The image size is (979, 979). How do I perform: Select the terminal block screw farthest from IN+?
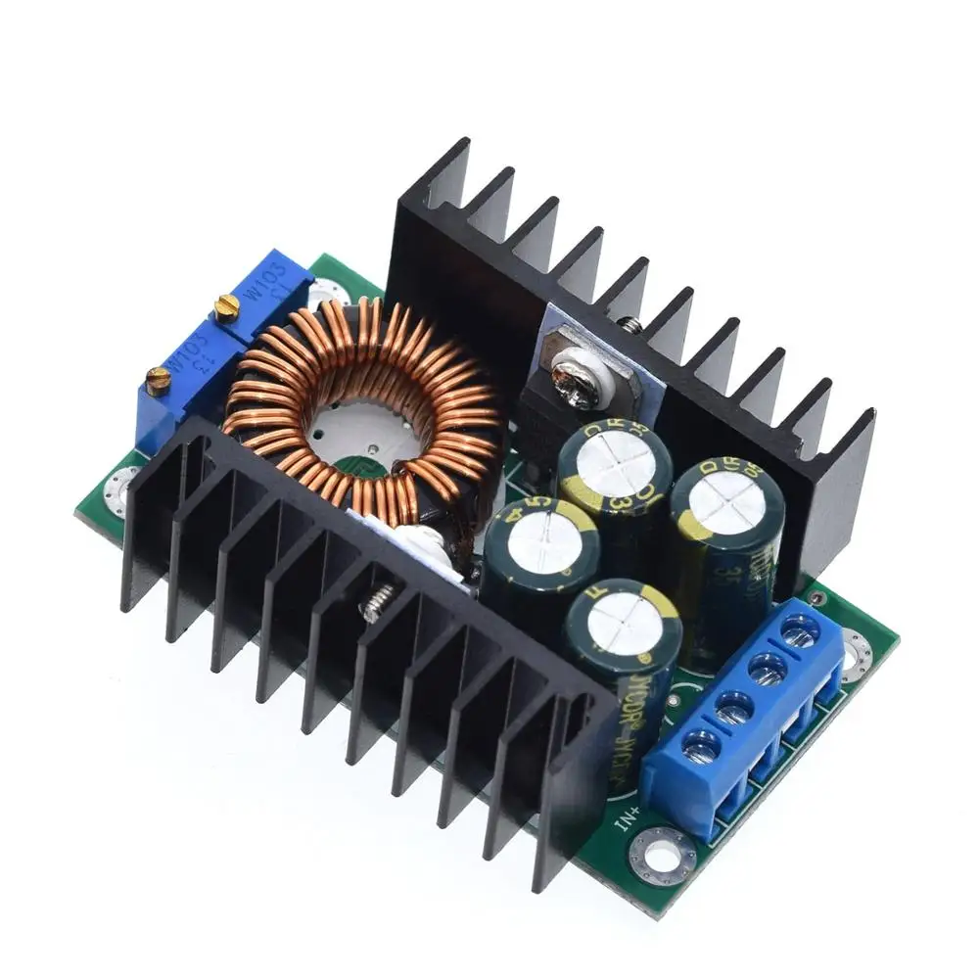coord(802,633)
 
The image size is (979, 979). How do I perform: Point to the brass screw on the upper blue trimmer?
coord(226,308)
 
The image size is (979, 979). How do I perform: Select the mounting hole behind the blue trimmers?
coord(325,292)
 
